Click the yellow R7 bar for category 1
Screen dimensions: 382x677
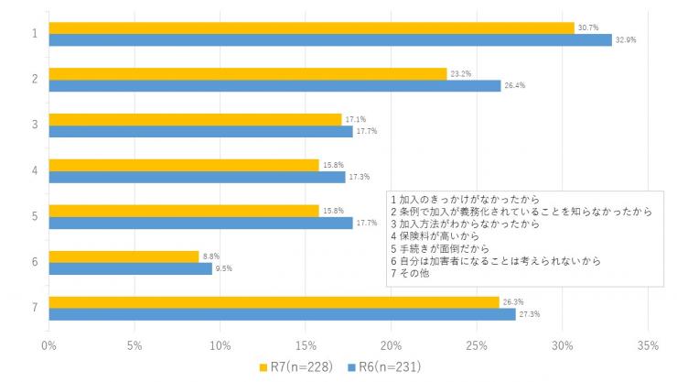click(311, 27)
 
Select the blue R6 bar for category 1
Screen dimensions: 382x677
click(329, 39)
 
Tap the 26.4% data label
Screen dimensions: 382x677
click(513, 86)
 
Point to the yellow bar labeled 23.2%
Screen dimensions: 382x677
click(247, 73)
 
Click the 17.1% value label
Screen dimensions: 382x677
click(354, 119)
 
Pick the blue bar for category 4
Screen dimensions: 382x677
click(197, 177)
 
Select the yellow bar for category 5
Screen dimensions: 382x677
click(183, 211)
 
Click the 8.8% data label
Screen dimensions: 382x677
click(211, 256)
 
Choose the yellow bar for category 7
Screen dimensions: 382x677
click(274, 302)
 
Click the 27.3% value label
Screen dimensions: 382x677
click(529, 314)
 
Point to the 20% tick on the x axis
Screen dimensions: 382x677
click(392, 345)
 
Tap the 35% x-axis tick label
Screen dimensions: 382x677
click(648, 345)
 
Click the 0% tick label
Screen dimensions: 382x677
click(49, 345)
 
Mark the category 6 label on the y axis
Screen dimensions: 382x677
click(34, 262)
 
